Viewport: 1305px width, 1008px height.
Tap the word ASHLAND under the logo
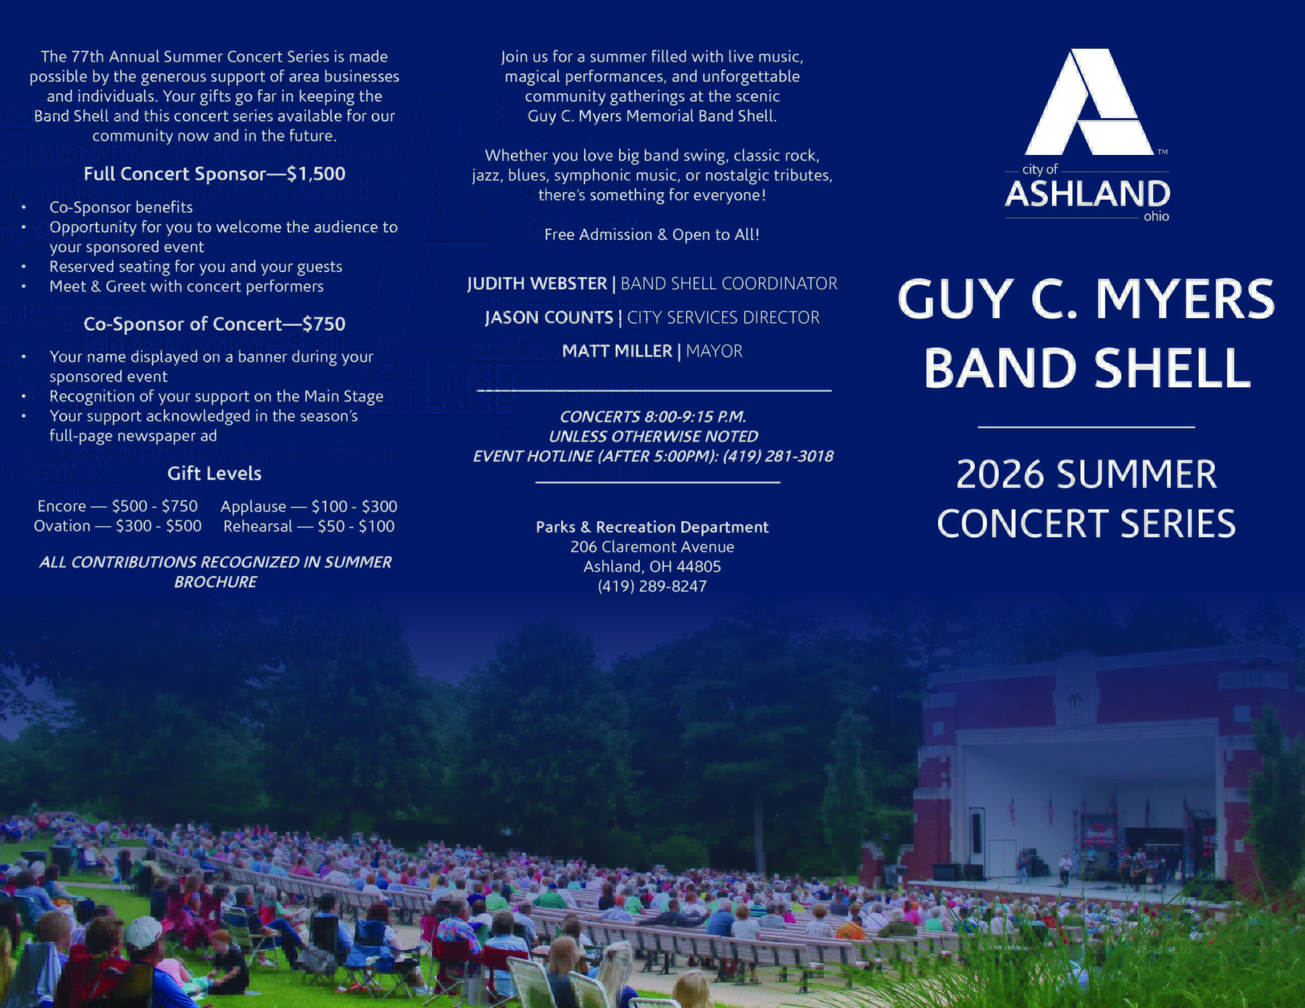(x=1087, y=194)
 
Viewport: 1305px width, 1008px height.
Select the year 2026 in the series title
(x=1000, y=474)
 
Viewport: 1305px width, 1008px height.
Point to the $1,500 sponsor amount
(x=316, y=174)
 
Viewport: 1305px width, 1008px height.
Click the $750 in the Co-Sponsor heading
(x=324, y=324)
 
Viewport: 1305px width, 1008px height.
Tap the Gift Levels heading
(x=215, y=474)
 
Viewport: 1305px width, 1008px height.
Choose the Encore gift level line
(x=118, y=506)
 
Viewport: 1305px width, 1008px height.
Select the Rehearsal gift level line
(x=309, y=526)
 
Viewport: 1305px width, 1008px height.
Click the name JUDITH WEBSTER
(x=537, y=283)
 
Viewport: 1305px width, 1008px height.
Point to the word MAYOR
(x=714, y=351)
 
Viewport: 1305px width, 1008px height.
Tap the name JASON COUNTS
(x=549, y=317)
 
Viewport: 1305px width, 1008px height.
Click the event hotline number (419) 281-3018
(x=778, y=456)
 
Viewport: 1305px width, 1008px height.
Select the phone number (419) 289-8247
(x=652, y=586)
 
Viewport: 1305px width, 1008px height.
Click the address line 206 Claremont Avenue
(x=652, y=547)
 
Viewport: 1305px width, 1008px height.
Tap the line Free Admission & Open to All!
(x=652, y=234)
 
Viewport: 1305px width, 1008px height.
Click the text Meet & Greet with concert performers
(x=187, y=287)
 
